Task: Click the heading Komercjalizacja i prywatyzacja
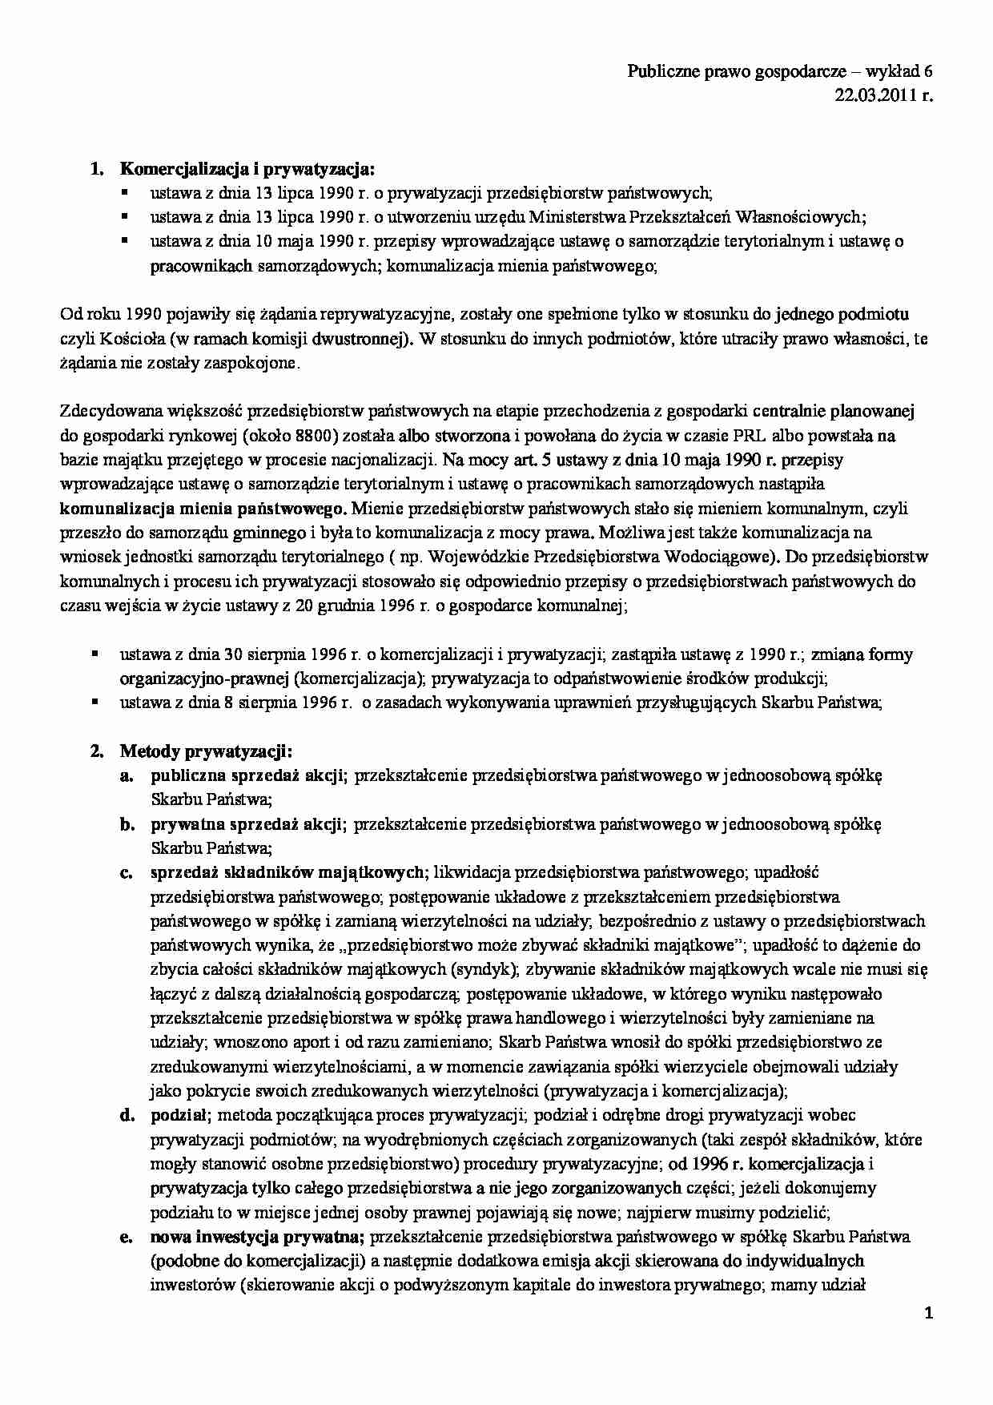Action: (x=247, y=168)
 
